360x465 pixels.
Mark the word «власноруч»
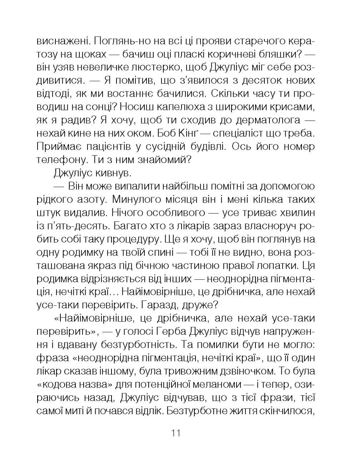(x=269, y=225)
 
